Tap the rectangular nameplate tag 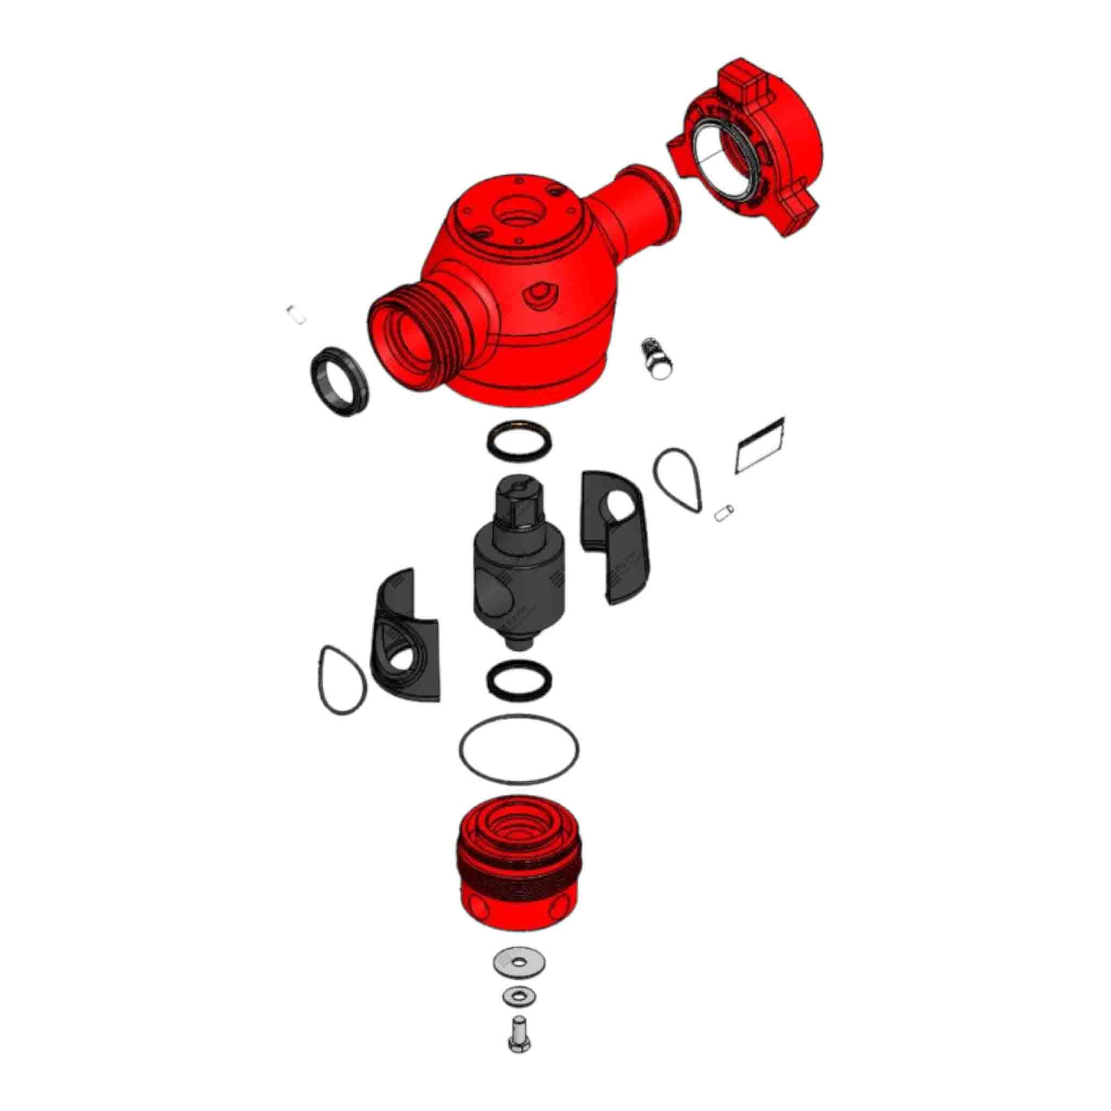tap(759, 446)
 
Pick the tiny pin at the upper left tap(296, 315)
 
